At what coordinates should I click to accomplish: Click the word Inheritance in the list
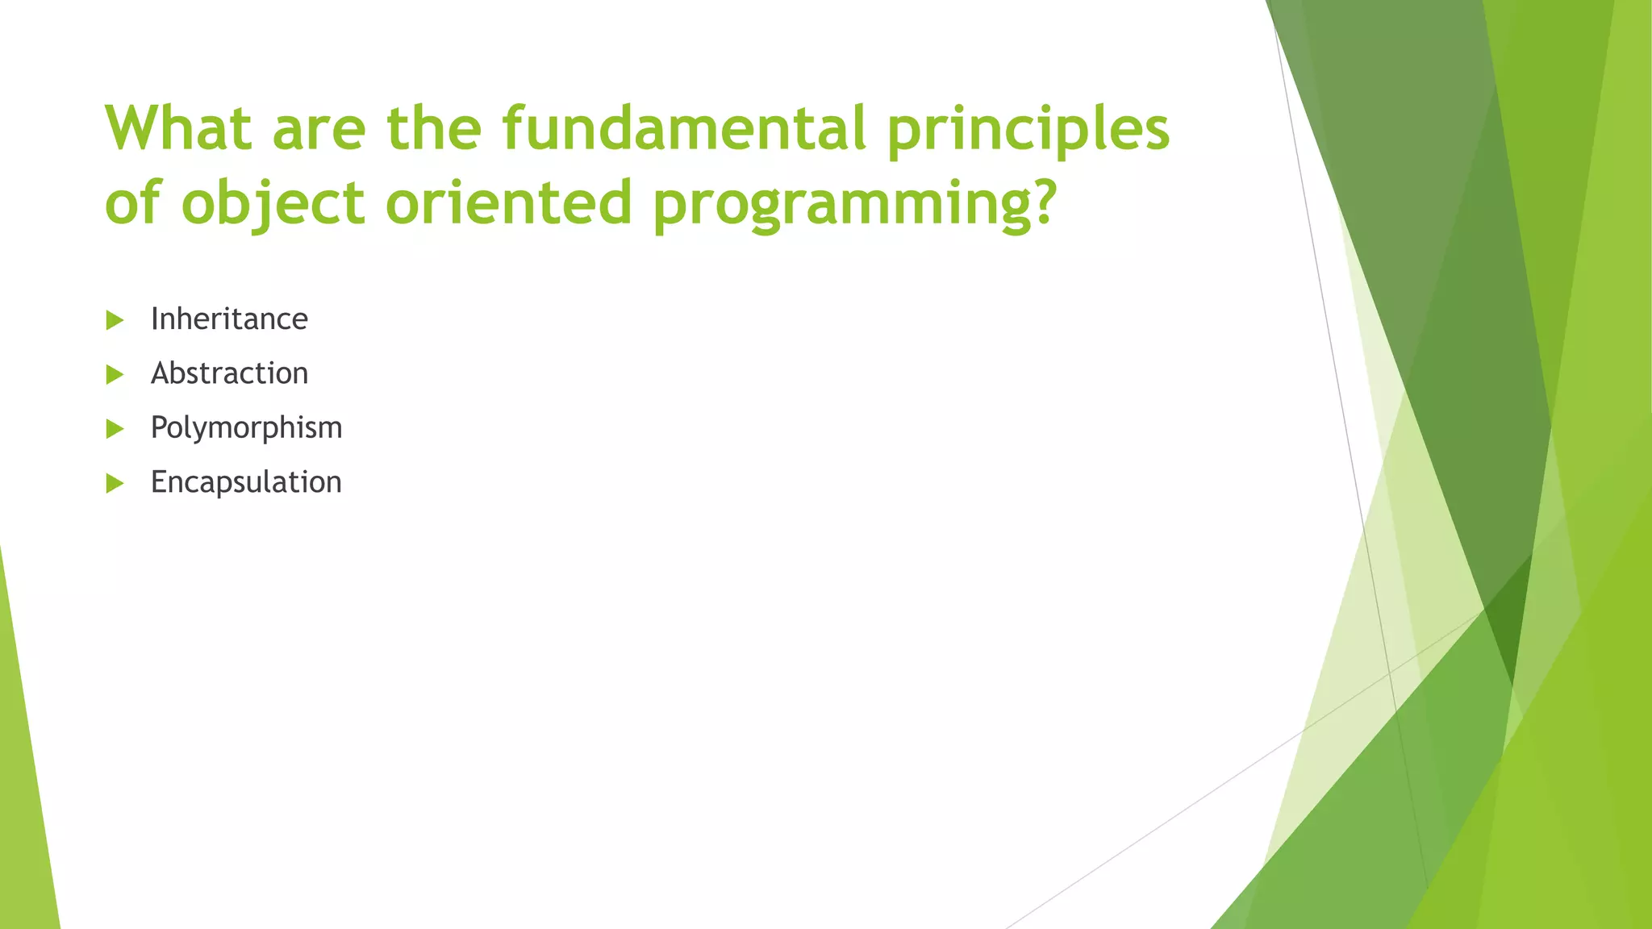click(x=229, y=319)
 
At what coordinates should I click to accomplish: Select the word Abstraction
click(x=229, y=373)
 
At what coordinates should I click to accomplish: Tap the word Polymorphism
click(x=246, y=428)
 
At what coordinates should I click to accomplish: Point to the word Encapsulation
click(x=246, y=482)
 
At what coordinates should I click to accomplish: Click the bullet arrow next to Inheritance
click(x=115, y=320)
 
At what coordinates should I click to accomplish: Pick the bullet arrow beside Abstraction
click(x=115, y=374)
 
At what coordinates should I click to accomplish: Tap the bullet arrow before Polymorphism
click(x=115, y=429)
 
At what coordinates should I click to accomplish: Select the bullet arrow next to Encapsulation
click(x=115, y=483)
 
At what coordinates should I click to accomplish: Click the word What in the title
click(x=178, y=128)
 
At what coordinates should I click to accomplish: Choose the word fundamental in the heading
click(x=684, y=128)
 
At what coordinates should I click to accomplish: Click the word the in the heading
click(x=434, y=128)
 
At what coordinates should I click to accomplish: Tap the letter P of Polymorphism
click(x=159, y=427)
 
